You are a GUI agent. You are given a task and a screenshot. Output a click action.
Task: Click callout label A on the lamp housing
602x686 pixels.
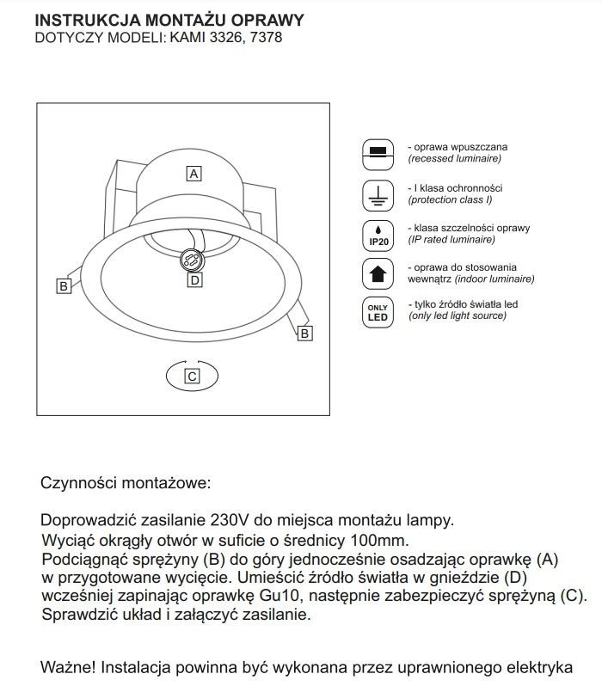(x=194, y=174)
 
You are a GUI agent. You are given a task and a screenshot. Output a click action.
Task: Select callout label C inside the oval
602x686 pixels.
(x=192, y=376)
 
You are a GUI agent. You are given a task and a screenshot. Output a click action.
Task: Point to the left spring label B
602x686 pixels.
(x=64, y=286)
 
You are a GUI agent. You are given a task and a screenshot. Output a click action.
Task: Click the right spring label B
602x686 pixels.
(x=304, y=334)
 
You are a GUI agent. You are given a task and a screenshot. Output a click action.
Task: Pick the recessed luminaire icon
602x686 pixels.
(x=377, y=152)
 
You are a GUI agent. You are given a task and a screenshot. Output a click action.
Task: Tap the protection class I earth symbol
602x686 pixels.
(x=377, y=193)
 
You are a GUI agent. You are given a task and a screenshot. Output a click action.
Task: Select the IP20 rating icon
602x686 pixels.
(x=377, y=234)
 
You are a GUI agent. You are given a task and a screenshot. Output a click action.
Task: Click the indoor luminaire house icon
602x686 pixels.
(x=377, y=273)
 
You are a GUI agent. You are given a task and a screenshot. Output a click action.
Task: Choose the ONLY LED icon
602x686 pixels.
(x=377, y=312)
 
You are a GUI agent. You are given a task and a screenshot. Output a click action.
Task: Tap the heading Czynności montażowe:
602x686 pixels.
(x=125, y=483)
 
